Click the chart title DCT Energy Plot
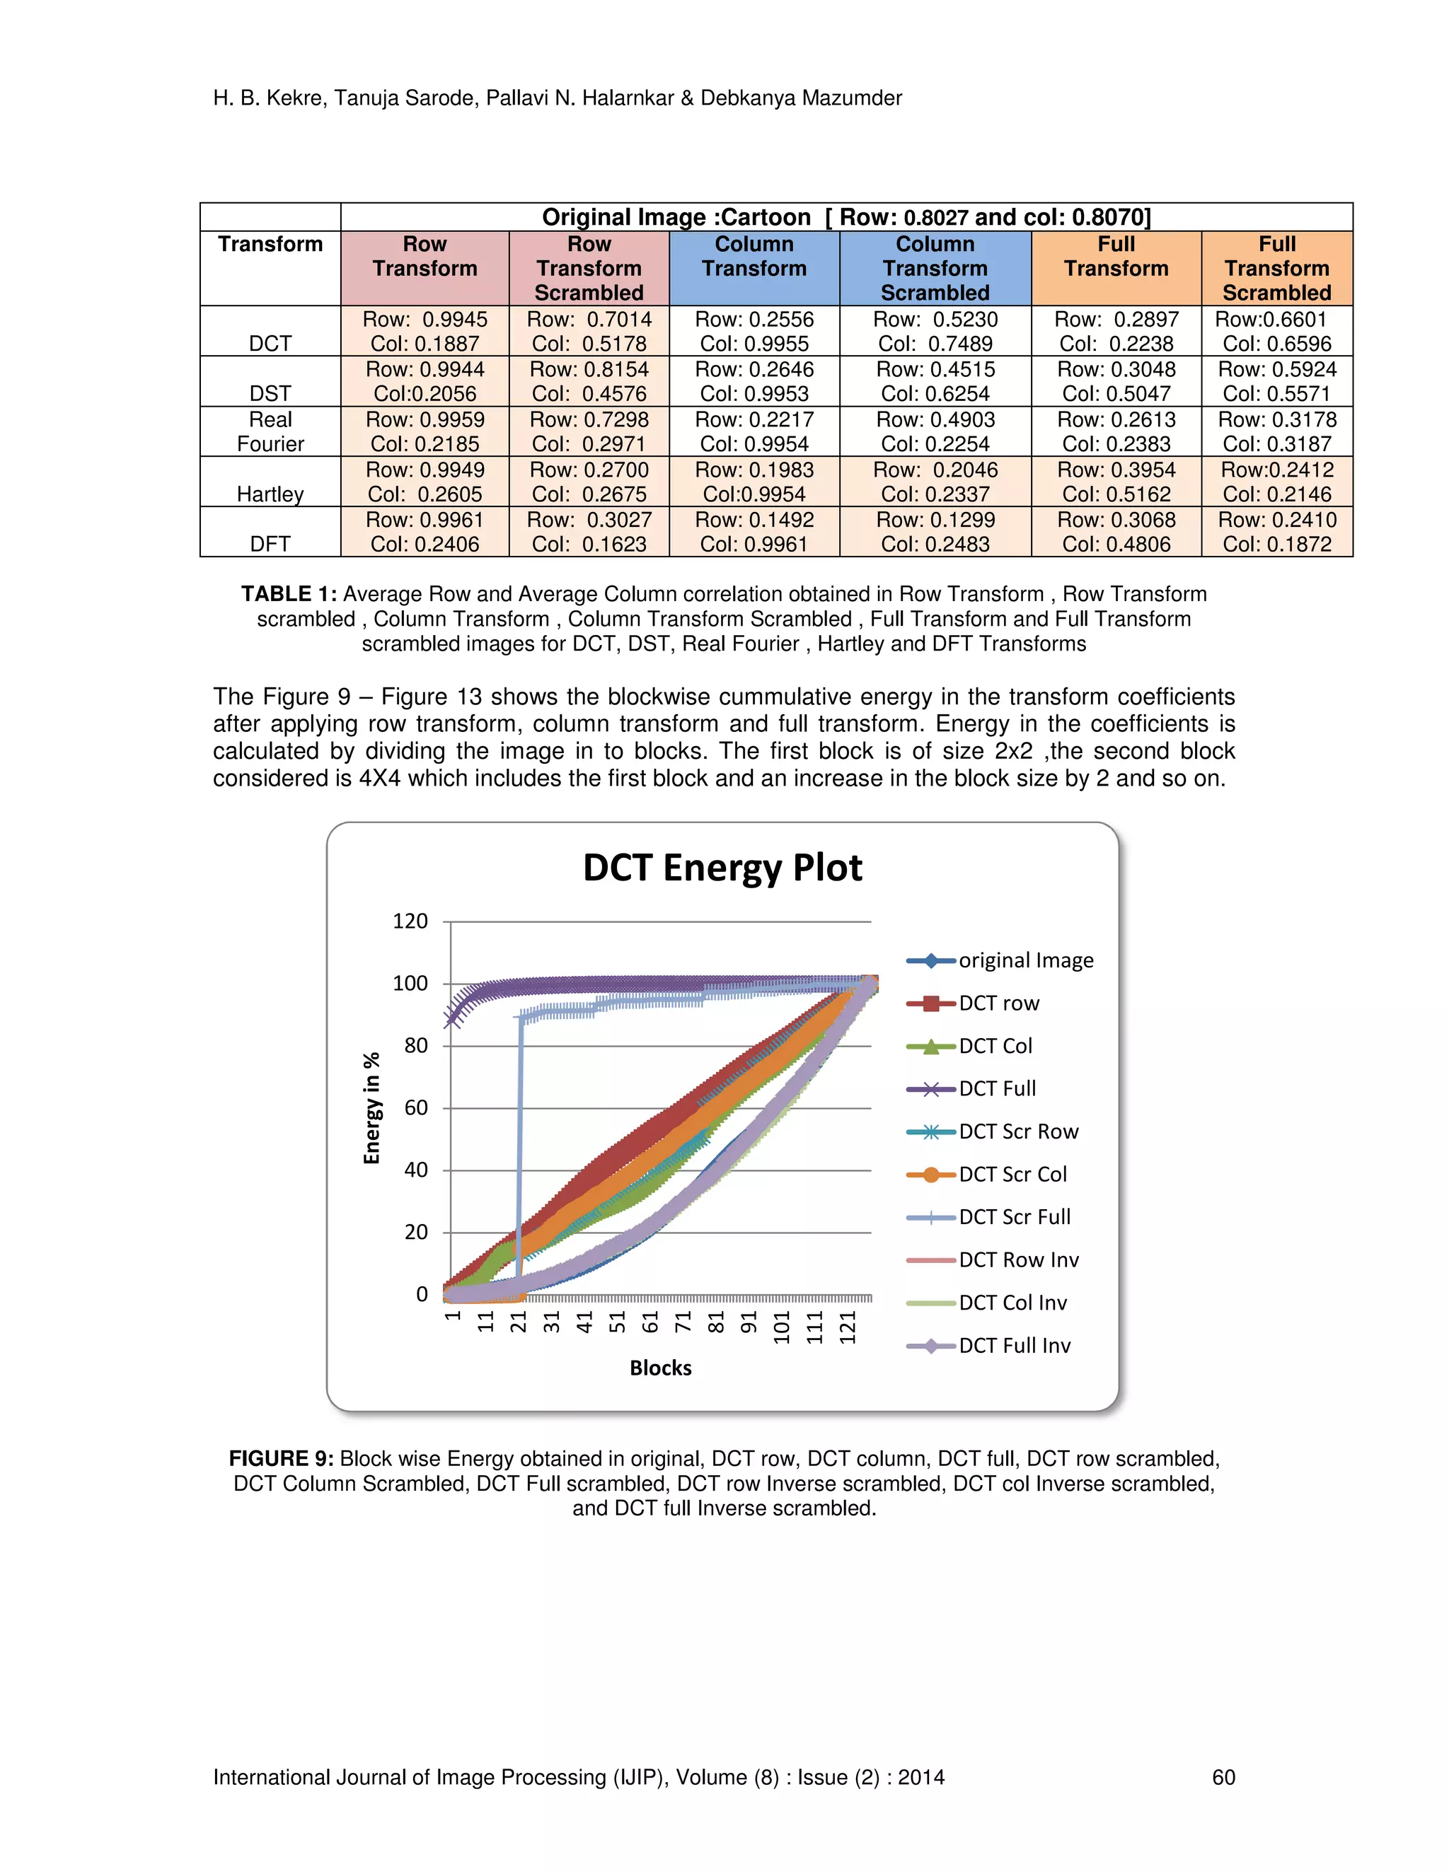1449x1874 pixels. tap(722, 868)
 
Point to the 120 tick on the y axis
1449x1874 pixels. tap(410, 921)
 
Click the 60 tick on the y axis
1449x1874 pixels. tap(415, 1107)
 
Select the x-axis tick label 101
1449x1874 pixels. tap(781, 1327)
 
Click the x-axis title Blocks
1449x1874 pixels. tap(660, 1368)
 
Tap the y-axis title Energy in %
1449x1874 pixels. tap(371, 1107)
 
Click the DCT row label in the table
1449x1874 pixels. tap(270, 343)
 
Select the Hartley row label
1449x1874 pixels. tap(270, 494)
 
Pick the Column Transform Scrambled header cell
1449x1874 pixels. tap(935, 269)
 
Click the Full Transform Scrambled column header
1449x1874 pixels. tap(1276, 269)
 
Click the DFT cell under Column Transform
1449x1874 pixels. tap(754, 532)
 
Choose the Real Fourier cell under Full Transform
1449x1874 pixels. tap(1116, 431)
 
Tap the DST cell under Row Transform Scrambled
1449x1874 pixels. tap(589, 382)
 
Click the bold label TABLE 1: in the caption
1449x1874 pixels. tap(289, 594)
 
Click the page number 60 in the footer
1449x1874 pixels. tap(1223, 1777)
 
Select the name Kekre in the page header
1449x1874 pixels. tap(294, 98)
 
